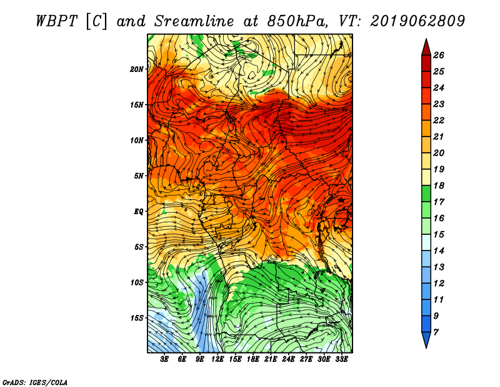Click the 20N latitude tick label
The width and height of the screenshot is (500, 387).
(x=137, y=70)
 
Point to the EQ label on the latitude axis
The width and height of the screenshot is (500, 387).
(x=139, y=212)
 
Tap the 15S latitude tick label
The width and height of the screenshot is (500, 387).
(x=137, y=318)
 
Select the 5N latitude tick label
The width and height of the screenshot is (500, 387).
(x=139, y=176)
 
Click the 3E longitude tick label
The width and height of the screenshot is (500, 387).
(x=164, y=359)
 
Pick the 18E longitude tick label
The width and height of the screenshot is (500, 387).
(x=253, y=359)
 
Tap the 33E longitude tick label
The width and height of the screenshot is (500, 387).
(x=341, y=359)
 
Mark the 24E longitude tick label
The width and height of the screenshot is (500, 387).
(x=288, y=359)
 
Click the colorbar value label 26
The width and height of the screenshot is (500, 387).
(x=439, y=55)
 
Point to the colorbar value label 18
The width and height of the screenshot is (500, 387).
(x=439, y=185)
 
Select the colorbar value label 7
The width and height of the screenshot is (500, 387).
(x=436, y=333)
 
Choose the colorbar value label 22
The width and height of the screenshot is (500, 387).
(x=439, y=120)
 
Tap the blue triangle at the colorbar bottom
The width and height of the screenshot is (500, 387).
(x=426, y=339)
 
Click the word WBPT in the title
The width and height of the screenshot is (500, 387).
(x=57, y=21)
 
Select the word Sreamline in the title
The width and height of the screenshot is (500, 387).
(x=194, y=21)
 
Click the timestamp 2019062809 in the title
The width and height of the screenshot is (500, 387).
(x=417, y=21)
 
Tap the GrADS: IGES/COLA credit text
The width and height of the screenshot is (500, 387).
(x=35, y=383)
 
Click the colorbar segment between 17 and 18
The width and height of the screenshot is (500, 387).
(x=426, y=194)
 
